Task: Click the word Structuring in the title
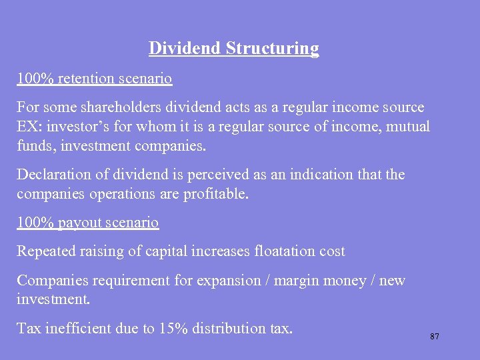pos(273,49)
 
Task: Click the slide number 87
pos(435,337)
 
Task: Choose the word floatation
pos(285,251)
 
